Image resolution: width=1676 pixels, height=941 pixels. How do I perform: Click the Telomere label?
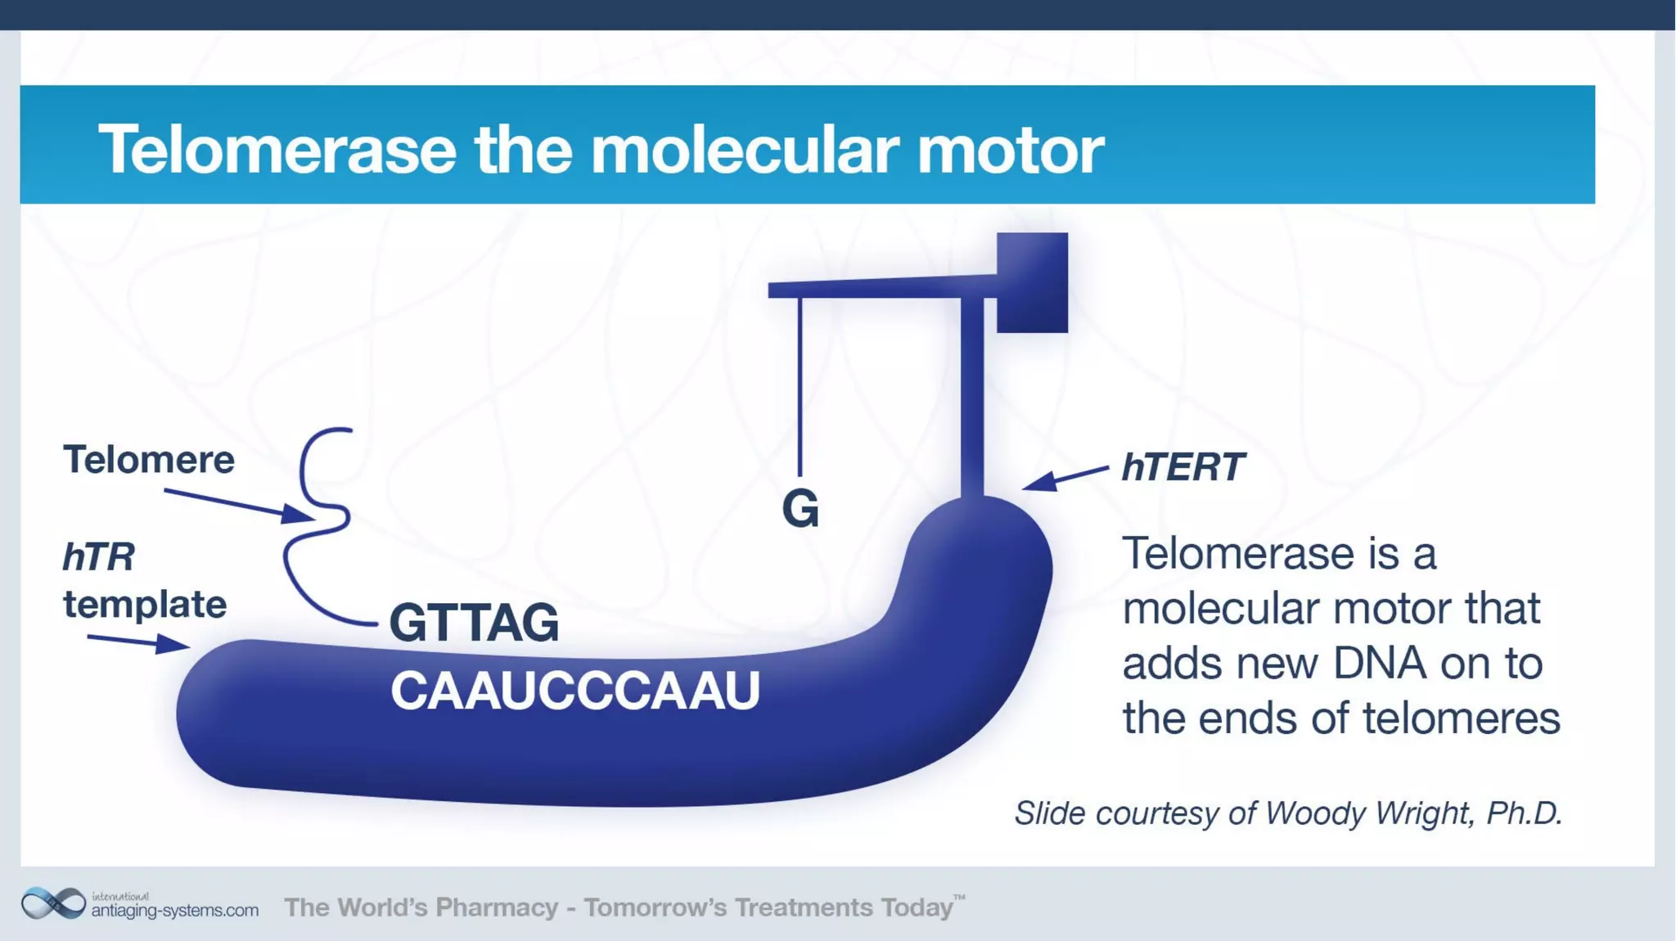point(149,459)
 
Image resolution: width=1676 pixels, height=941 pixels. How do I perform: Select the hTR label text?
point(99,557)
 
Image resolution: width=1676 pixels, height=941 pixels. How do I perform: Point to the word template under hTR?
point(145,605)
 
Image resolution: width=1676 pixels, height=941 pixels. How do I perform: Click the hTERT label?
point(1182,467)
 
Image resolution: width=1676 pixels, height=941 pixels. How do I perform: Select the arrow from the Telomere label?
point(237,504)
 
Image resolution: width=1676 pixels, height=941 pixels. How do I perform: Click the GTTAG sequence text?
point(474,623)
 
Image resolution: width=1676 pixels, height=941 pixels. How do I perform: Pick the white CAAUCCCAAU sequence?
point(574,690)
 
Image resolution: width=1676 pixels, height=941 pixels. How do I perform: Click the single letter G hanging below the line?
point(800,509)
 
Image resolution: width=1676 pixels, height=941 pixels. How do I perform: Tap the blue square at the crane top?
point(1032,282)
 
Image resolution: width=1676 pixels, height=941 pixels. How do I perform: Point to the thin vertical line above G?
point(800,385)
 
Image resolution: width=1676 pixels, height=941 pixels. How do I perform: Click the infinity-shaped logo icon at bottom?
point(53,903)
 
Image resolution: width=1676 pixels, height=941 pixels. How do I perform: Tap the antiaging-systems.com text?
point(174,910)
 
